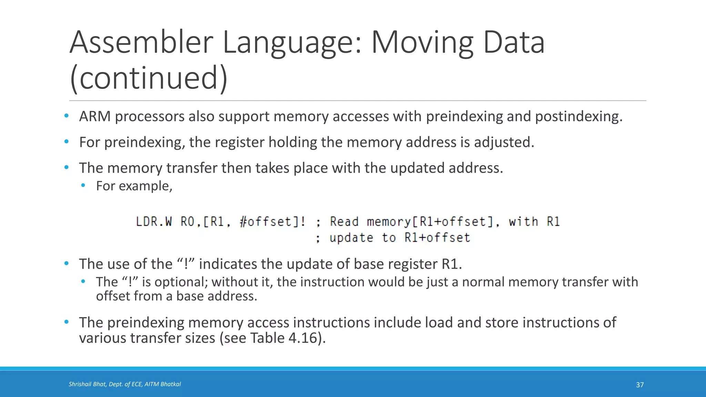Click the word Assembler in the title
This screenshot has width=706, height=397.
[x=141, y=43]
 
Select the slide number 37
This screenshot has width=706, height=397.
[x=639, y=385]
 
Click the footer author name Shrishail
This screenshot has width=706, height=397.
[x=80, y=384]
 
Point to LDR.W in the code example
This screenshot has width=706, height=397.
[x=154, y=222]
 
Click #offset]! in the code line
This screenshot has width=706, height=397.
[x=272, y=222]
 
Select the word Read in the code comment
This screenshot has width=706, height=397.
[x=344, y=222]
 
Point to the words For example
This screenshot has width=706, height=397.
[x=134, y=186]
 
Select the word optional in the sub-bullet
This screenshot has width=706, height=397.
[x=181, y=282]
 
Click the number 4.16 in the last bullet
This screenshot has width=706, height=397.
[x=302, y=338]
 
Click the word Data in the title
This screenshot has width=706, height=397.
[x=514, y=43]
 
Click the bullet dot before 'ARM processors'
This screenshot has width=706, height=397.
[x=67, y=116]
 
